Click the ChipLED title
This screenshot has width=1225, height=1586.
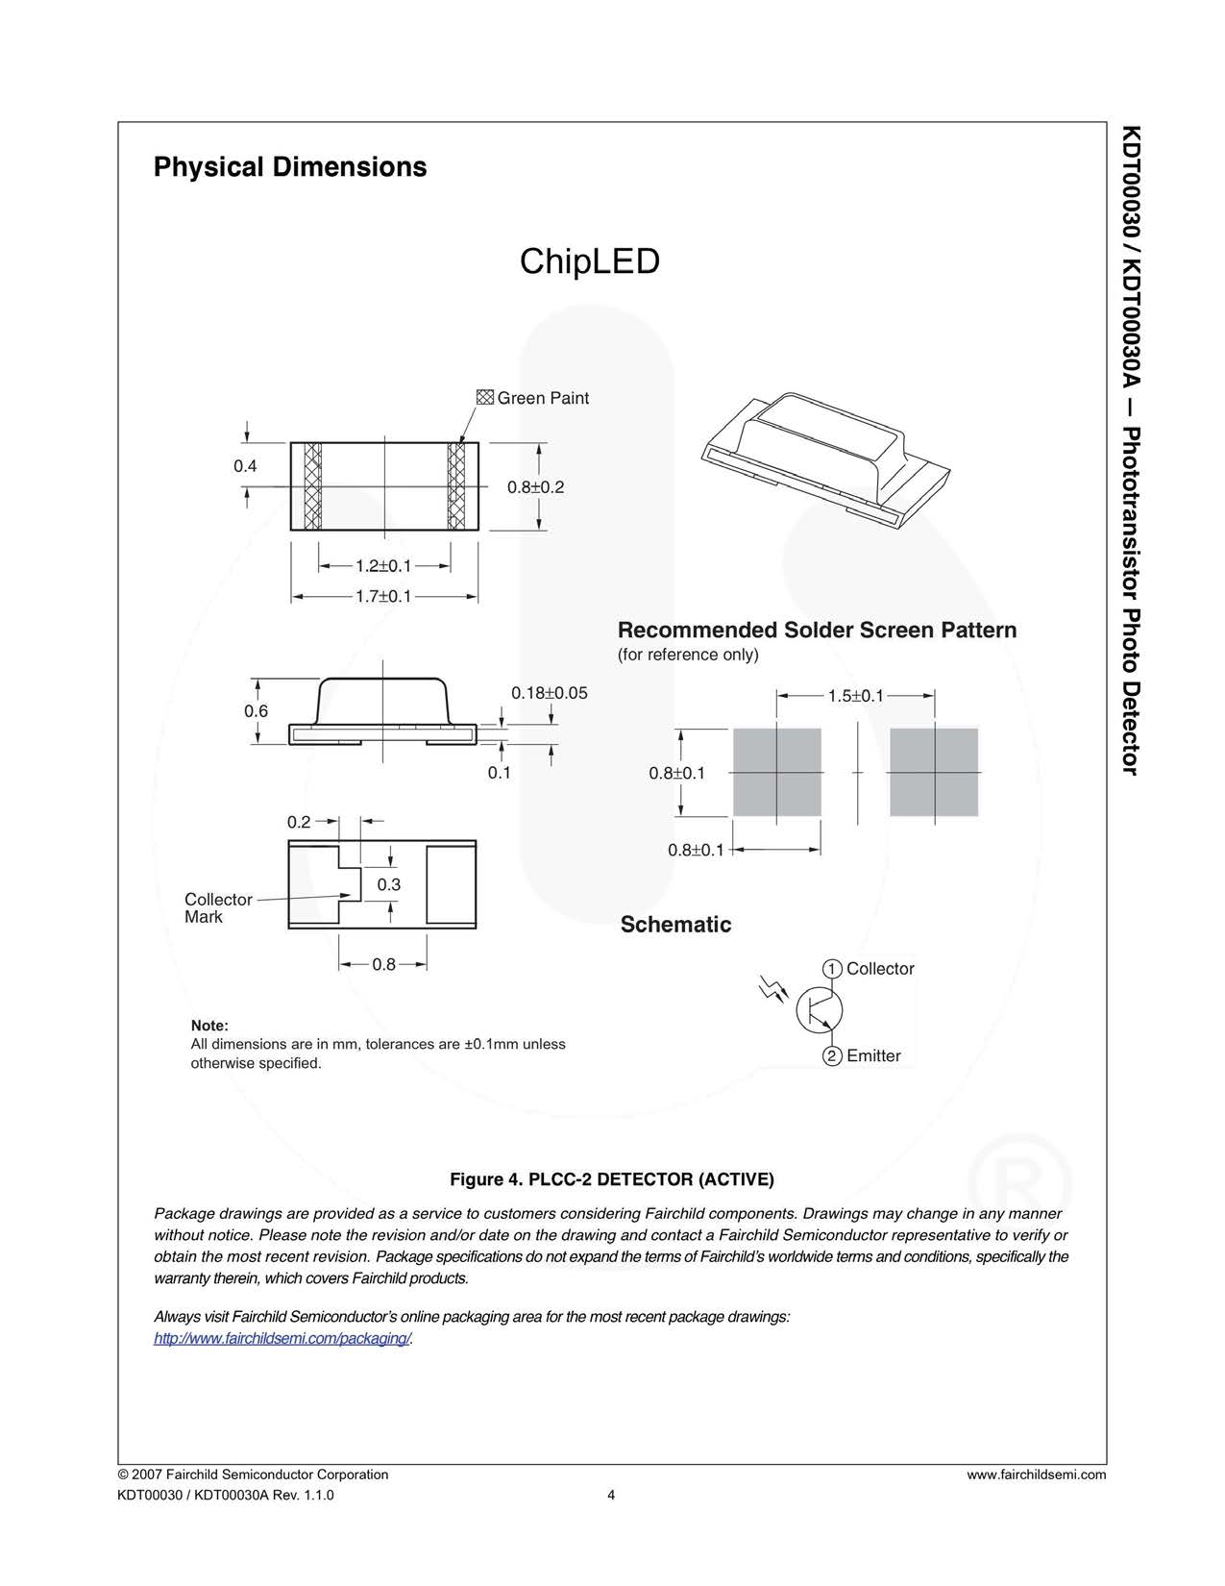pos(589,261)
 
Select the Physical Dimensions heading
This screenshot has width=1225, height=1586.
pos(290,167)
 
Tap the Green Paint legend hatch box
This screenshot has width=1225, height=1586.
pos(484,398)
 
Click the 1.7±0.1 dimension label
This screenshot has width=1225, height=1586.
pos(382,597)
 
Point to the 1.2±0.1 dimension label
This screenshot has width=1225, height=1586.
pos(382,566)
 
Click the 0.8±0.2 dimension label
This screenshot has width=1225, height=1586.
pos(535,487)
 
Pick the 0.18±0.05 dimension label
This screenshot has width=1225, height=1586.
pos(549,693)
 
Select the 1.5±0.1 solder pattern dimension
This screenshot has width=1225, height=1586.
pos(855,696)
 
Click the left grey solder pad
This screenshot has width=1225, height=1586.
pos(776,772)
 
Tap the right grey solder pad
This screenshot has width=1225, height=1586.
pos(933,772)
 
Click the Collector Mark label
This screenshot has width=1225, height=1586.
pos(218,908)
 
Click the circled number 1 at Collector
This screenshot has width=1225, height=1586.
pos(832,969)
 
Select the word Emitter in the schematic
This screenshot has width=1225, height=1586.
pos(873,1056)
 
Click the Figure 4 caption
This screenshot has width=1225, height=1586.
pos(612,1179)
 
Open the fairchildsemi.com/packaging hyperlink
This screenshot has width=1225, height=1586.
pos(282,1339)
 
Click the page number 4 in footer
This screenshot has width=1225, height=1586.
pos(611,1495)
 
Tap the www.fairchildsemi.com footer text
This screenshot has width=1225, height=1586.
pos(1036,1474)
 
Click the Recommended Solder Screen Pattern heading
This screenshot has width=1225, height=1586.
pos(817,631)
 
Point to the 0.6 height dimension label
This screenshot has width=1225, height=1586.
pos(256,711)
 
